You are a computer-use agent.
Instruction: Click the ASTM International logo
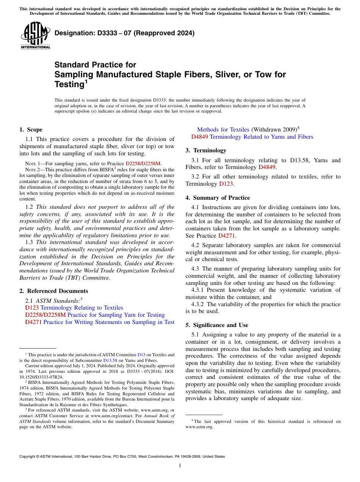35,36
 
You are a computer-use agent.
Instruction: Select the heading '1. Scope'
31,130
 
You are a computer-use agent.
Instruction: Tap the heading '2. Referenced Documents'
54,291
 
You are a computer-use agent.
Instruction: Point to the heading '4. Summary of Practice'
218,198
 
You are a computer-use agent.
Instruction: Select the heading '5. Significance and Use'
217,325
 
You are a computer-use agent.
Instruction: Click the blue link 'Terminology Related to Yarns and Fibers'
261,137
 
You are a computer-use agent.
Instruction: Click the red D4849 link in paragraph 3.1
268,167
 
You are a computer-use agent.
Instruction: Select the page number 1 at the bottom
180,465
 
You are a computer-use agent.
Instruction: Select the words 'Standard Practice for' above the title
95,65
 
